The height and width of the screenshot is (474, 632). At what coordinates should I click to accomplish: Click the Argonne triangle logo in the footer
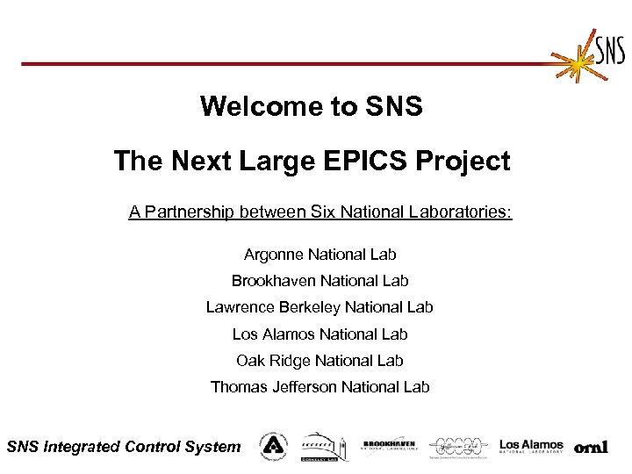273,446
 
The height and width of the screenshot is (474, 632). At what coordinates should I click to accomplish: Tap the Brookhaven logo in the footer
389,446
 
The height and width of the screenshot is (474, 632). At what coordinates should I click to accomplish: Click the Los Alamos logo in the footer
532,446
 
